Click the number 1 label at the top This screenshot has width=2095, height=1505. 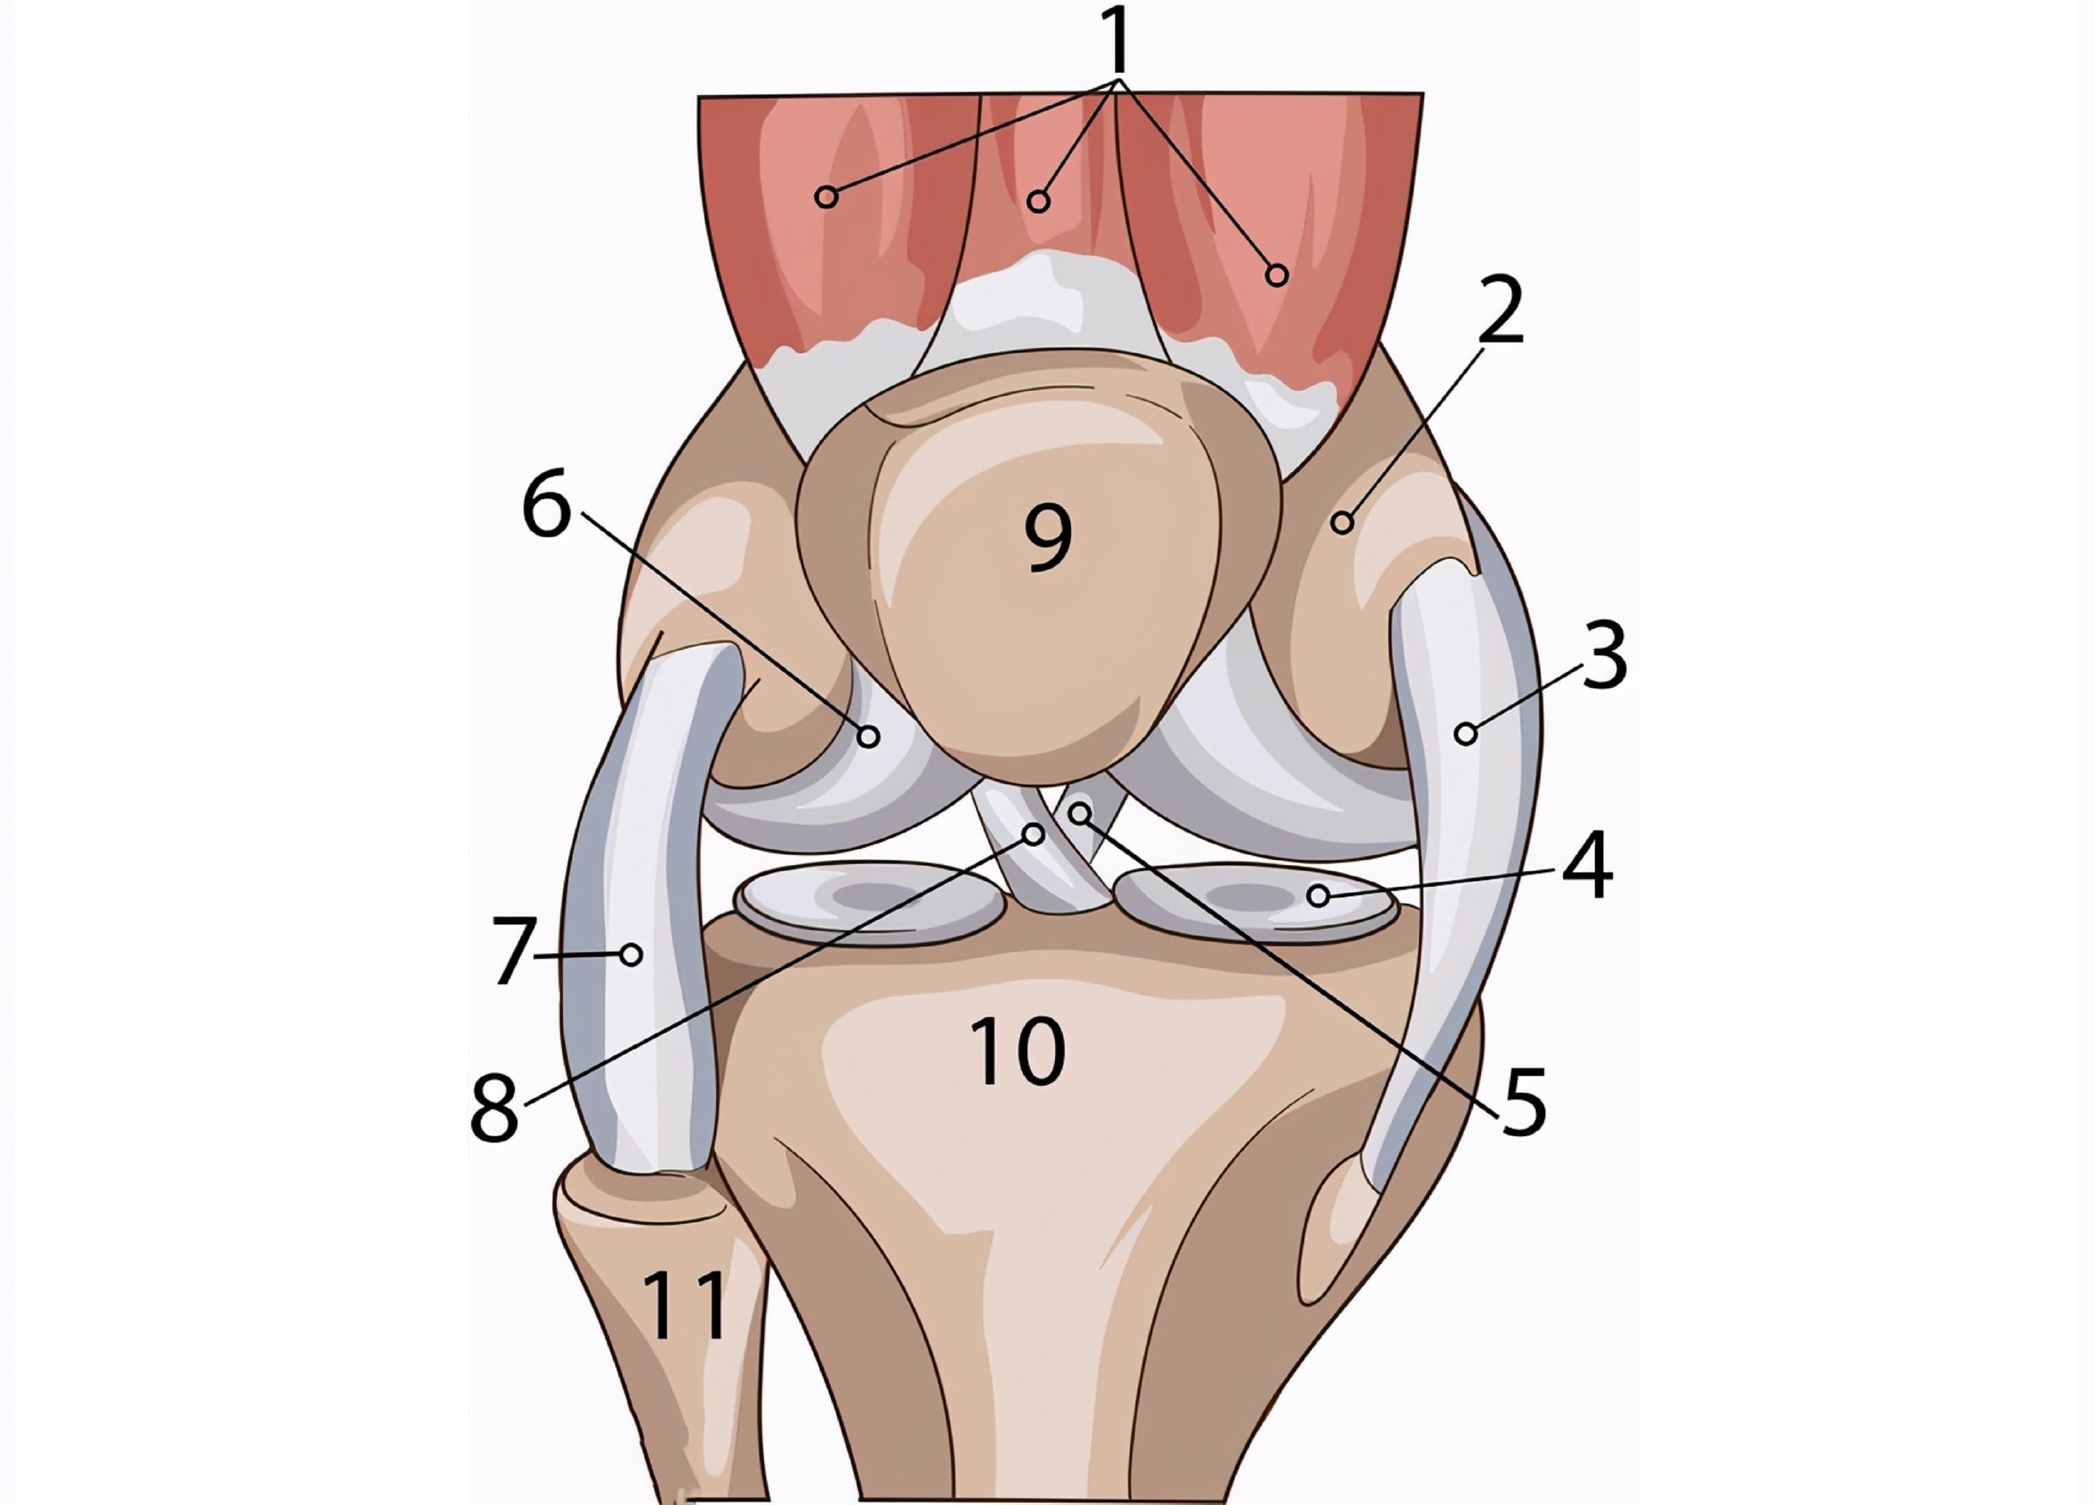[1118, 41]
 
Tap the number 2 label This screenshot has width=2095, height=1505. [1499, 312]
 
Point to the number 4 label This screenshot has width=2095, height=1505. [1587, 866]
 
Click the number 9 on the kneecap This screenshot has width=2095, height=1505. [1049, 540]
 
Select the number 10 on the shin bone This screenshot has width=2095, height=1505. [1019, 1051]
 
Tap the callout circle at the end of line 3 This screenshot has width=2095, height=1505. [1465, 735]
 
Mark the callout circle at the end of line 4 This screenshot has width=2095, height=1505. [1318, 895]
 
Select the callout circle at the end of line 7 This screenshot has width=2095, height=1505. [632, 954]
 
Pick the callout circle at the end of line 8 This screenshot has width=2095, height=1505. [1034, 835]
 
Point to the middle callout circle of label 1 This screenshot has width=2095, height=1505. [1039, 201]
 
